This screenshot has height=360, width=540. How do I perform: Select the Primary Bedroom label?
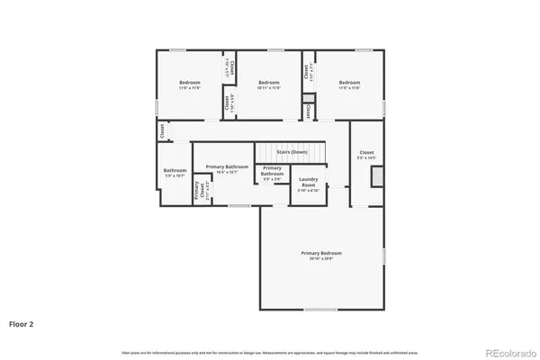(x=321, y=253)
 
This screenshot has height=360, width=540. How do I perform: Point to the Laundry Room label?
(x=308, y=183)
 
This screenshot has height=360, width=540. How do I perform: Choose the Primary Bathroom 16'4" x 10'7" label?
(x=227, y=167)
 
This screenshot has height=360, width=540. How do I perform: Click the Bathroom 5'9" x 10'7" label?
(x=175, y=172)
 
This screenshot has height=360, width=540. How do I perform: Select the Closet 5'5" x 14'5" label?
(x=367, y=154)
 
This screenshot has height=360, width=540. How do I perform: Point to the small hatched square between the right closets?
(x=310, y=99)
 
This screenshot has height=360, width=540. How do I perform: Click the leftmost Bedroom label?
(x=189, y=83)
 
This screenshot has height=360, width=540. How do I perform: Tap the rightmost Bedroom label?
(x=349, y=83)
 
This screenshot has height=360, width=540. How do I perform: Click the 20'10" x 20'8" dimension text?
(x=321, y=257)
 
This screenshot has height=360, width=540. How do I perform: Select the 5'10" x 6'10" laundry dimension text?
(x=308, y=190)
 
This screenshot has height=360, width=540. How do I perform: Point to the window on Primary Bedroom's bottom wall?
(x=315, y=309)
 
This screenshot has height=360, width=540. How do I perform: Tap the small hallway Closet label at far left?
(x=161, y=130)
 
